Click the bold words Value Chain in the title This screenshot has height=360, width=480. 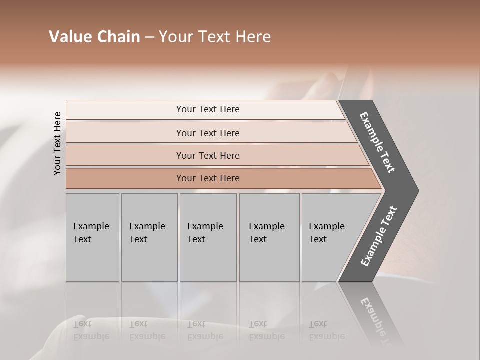click(x=94, y=37)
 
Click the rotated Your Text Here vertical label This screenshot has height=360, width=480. click(x=57, y=143)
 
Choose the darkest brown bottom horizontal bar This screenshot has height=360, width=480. click(x=125, y=178)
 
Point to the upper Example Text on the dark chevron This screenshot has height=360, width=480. click(x=377, y=142)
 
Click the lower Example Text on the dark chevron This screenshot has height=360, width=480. click(x=378, y=236)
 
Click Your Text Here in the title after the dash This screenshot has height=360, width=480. click(x=215, y=37)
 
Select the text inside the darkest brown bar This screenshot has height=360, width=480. click(x=208, y=178)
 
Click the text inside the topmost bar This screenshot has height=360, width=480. click(x=208, y=109)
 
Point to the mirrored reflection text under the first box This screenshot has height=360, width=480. click(x=91, y=330)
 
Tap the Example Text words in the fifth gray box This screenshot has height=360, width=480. click(x=326, y=232)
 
